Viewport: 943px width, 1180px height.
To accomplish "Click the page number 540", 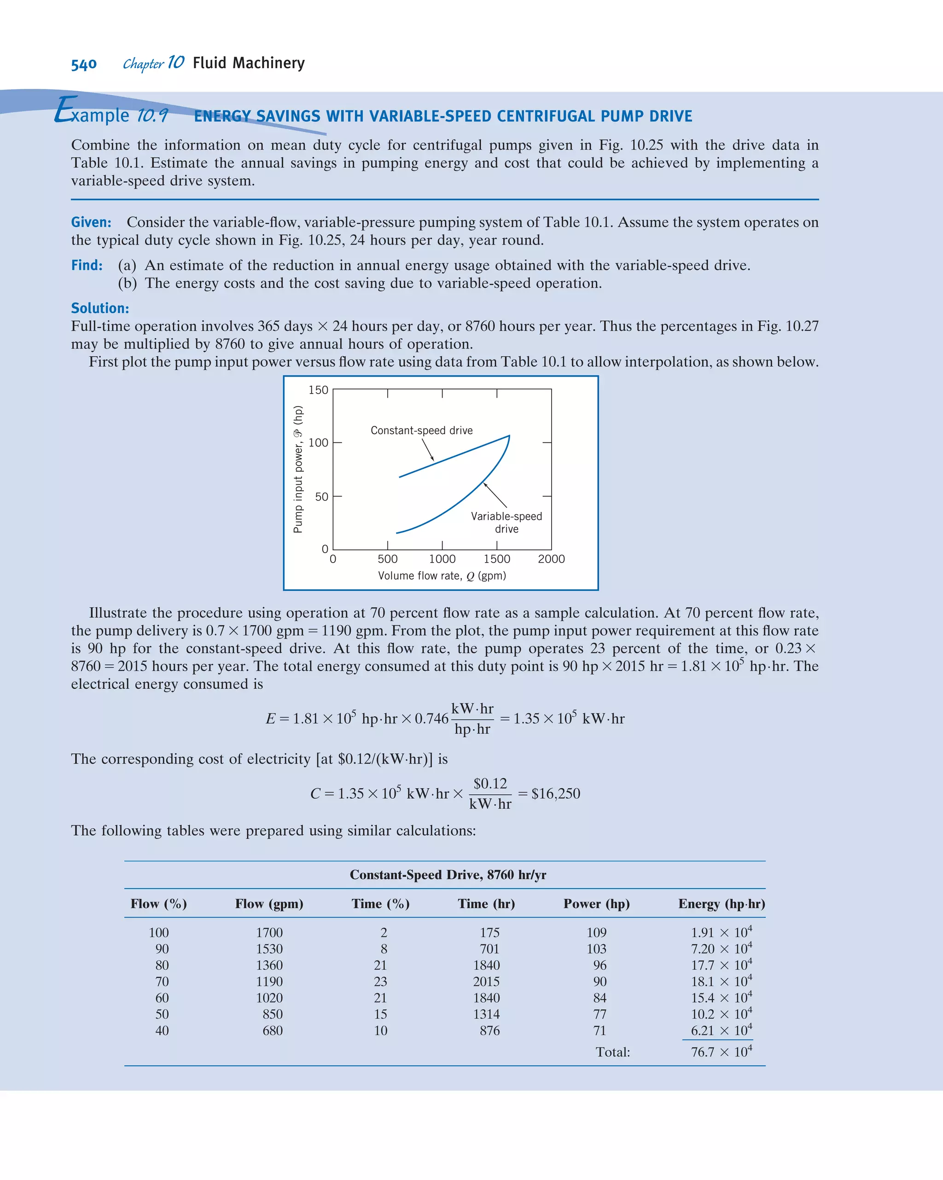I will pos(84,64).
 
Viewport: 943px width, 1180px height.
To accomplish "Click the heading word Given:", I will pos(91,222).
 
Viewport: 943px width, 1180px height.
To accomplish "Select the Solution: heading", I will pos(100,308).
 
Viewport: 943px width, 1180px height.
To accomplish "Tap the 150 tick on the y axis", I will pos(318,390).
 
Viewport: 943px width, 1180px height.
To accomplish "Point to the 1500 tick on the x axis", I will pos(496,559).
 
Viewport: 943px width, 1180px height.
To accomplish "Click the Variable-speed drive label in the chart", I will pos(506,522).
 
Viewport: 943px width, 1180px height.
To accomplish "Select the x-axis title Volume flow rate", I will pos(442,576).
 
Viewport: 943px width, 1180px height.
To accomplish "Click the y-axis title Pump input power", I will pos(298,469).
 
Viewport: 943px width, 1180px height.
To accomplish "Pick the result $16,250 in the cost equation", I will pos(555,794).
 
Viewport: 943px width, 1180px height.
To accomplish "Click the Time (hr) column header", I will pos(486,904).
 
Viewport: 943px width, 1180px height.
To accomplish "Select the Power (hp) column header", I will pos(597,904).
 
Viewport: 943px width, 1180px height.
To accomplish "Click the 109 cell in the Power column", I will pos(597,932).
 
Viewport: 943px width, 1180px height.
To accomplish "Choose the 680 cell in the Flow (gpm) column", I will pos(273,1030).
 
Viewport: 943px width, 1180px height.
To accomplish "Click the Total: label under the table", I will pos(612,1052).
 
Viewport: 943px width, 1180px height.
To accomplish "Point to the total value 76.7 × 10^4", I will pos(721,1052).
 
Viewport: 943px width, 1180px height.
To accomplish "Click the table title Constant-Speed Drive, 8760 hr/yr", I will pos(448,875).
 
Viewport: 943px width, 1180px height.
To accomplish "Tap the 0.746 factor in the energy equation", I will pos(431,719).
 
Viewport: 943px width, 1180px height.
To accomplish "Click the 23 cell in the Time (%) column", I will pos(380,981).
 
